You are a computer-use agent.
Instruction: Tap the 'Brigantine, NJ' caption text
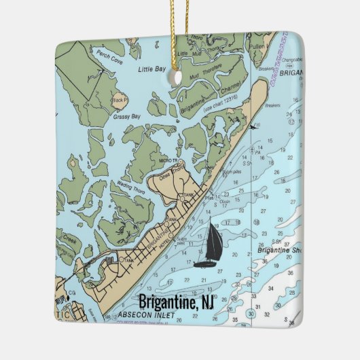176,301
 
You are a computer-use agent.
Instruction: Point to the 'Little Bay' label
153,69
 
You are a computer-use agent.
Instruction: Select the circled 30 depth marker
251,313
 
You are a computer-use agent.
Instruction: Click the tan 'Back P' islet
120,101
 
